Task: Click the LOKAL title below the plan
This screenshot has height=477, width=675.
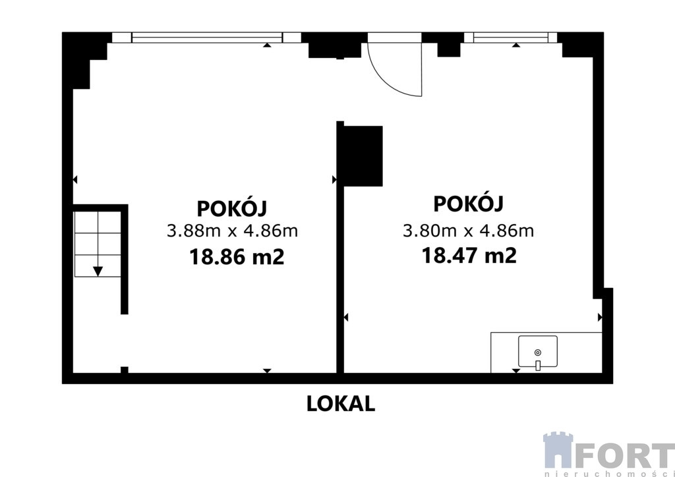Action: pyautogui.click(x=341, y=404)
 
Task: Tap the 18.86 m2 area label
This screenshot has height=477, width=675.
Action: pyautogui.click(x=237, y=257)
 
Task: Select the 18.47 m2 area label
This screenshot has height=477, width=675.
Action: pyautogui.click(x=469, y=256)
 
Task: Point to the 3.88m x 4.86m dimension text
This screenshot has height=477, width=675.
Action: pyautogui.click(x=233, y=231)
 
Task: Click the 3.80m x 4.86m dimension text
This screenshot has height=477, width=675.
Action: pyautogui.click(x=469, y=231)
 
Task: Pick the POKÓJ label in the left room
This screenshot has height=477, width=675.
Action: pyautogui.click(x=232, y=208)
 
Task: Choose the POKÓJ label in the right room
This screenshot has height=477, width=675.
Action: pyautogui.click(x=469, y=203)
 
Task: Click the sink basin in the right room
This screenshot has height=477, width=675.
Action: pyautogui.click(x=538, y=351)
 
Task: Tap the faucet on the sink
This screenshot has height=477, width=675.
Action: pyautogui.click(x=538, y=366)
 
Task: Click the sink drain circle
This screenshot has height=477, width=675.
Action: pyautogui.click(x=538, y=352)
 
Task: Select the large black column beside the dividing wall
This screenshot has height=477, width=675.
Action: pyautogui.click(x=363, y=156)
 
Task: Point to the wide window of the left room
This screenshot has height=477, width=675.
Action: pyautogui.click(x=206, y=38)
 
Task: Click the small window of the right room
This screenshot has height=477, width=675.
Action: pyautogui.click(x=511, y=38)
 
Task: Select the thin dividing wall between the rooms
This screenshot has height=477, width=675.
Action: pyautogui.click(x=340, y=247)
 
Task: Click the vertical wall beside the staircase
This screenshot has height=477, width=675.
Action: pyautogui.click(x=125, y=260)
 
